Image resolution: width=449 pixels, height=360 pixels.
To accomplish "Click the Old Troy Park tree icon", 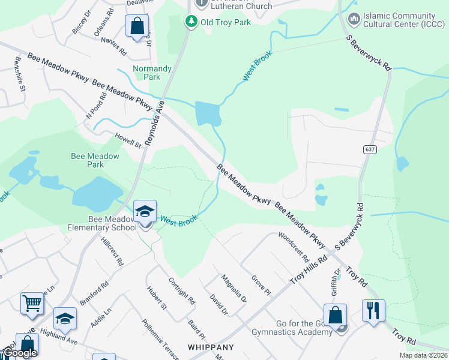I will (x=191, y=22).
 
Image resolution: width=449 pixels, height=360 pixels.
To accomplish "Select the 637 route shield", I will (x=369, y=149).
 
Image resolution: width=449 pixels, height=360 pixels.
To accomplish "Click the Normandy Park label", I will (x=152, y=73).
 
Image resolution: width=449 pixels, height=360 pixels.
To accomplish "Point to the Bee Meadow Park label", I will (x=95, y=160).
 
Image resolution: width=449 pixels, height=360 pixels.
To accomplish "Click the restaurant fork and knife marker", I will (x=373, y=310).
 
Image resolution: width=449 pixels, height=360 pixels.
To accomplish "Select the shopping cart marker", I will (x=32, y=303).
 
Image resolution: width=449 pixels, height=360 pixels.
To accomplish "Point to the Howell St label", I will (x=127, y=140).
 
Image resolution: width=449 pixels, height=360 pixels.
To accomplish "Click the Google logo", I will (x=20, y=353).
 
